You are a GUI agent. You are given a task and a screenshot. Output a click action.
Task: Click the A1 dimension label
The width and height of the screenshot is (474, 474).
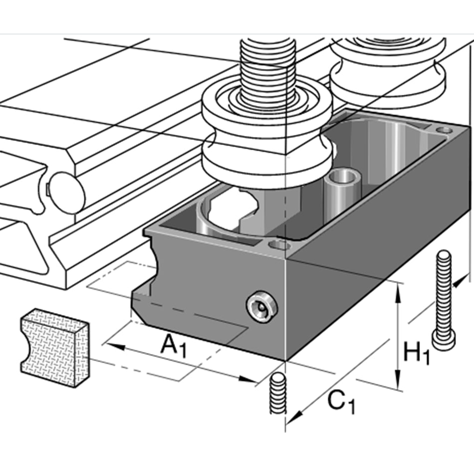coord(173,345)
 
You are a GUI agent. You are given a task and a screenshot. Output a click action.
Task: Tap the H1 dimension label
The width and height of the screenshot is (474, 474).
coord(416,353)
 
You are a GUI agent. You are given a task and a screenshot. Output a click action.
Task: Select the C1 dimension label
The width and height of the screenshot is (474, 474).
coord(342,402)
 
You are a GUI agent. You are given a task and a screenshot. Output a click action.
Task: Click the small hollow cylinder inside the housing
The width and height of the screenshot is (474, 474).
coord(341,192)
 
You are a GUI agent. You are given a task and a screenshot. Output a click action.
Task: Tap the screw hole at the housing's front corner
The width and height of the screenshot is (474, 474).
coord(279,245)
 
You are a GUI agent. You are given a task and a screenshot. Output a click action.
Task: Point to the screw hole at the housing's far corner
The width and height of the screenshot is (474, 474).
coord(443,130)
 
